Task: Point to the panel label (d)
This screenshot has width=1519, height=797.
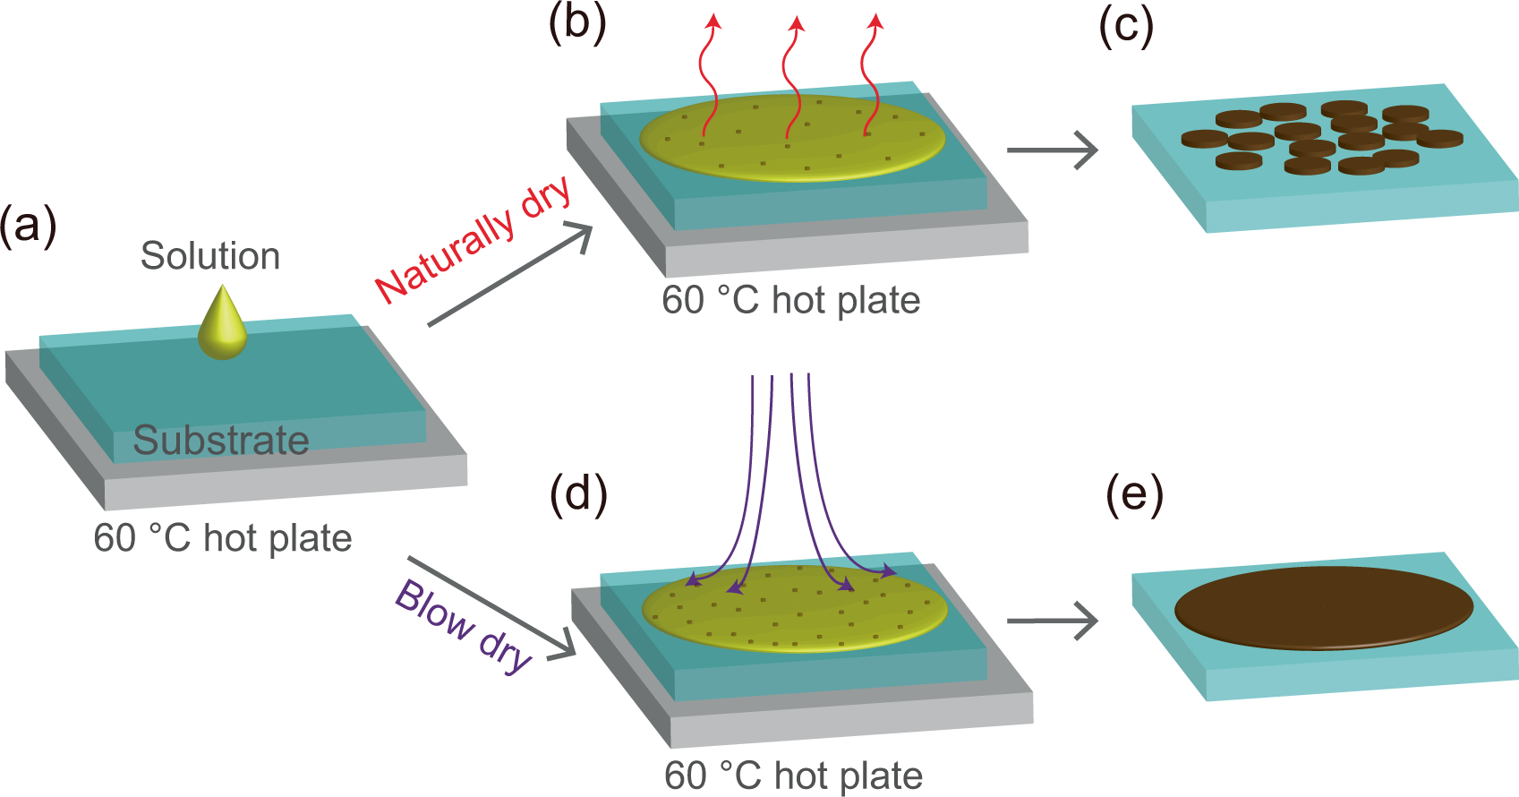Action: pos(578,494)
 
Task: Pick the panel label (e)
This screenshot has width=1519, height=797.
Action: pos(1134,494)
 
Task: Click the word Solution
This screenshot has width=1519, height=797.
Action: pos(210,256)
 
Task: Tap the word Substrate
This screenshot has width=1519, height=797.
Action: pos(221,441)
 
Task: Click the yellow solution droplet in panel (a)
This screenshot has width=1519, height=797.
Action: pos(222,323)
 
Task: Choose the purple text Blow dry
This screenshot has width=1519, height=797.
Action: pos(463,626)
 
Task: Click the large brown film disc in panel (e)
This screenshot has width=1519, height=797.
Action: pos(1324,608)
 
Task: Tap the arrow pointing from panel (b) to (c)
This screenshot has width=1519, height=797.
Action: pos(1053,150)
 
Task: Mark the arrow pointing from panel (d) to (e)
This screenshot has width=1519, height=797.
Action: pos(1053,620)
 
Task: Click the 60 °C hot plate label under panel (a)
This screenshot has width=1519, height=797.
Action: pos(222,538)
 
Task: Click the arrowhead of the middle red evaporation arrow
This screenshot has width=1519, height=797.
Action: pos(798,24)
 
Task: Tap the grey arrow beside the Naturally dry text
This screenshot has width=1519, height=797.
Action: pos(510,276)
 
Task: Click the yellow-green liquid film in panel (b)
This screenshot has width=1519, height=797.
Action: pos(792,138)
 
